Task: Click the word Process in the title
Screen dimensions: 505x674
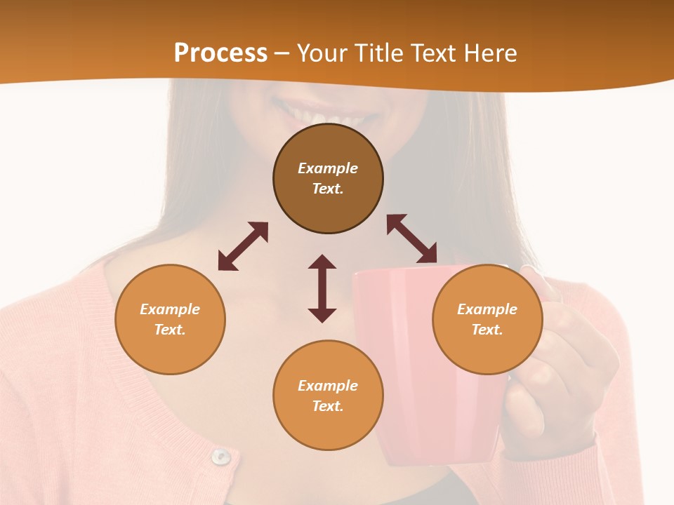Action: pos(220,53)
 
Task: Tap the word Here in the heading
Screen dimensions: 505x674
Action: pos(489,53)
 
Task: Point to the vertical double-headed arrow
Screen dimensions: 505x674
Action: pos(322,288)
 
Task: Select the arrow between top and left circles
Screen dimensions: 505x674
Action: pos(243,246)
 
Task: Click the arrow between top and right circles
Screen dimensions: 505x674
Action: pos(411,238)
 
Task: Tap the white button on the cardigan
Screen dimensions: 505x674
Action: pos(221,457)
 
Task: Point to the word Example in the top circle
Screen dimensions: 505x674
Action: pos(328,168)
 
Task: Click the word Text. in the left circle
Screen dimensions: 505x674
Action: pos(170,330)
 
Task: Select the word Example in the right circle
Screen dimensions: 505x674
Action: pos(487,309)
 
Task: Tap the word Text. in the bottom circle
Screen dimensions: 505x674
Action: pos(328,406)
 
